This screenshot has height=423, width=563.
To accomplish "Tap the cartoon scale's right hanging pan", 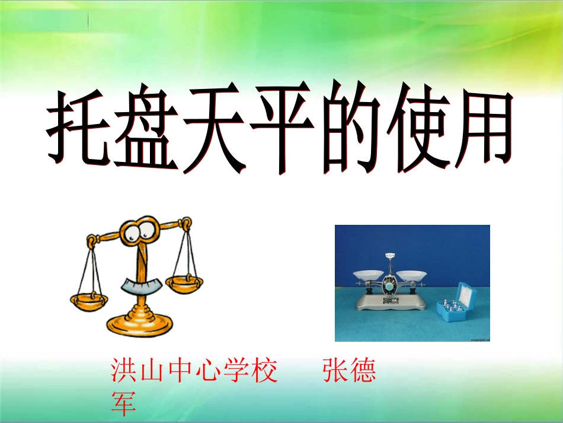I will point(184,283).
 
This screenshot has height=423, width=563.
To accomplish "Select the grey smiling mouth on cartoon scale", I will point(142,287).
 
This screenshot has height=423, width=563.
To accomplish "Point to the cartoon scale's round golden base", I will point(140,323).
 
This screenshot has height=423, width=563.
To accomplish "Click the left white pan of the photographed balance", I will point(369,275).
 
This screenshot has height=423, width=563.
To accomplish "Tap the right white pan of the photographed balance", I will point(411,274).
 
